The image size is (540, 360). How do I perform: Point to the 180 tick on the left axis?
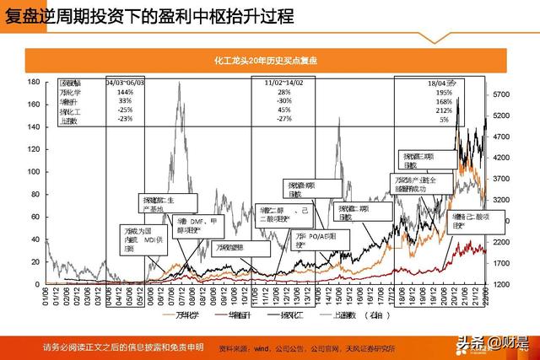coord(35,82)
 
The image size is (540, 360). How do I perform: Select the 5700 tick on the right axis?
coord(502,94)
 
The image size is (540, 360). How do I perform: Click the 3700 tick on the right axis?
coord(502,179)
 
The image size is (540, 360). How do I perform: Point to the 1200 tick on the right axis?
coord(502,284)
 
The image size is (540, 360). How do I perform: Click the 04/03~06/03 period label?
coord(126,83)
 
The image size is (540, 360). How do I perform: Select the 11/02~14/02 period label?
coord(283,83)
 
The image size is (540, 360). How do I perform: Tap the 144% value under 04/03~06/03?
coord(126,92)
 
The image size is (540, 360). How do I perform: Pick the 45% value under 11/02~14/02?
coord(283,110)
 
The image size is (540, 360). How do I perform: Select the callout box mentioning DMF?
coord(181,223)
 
